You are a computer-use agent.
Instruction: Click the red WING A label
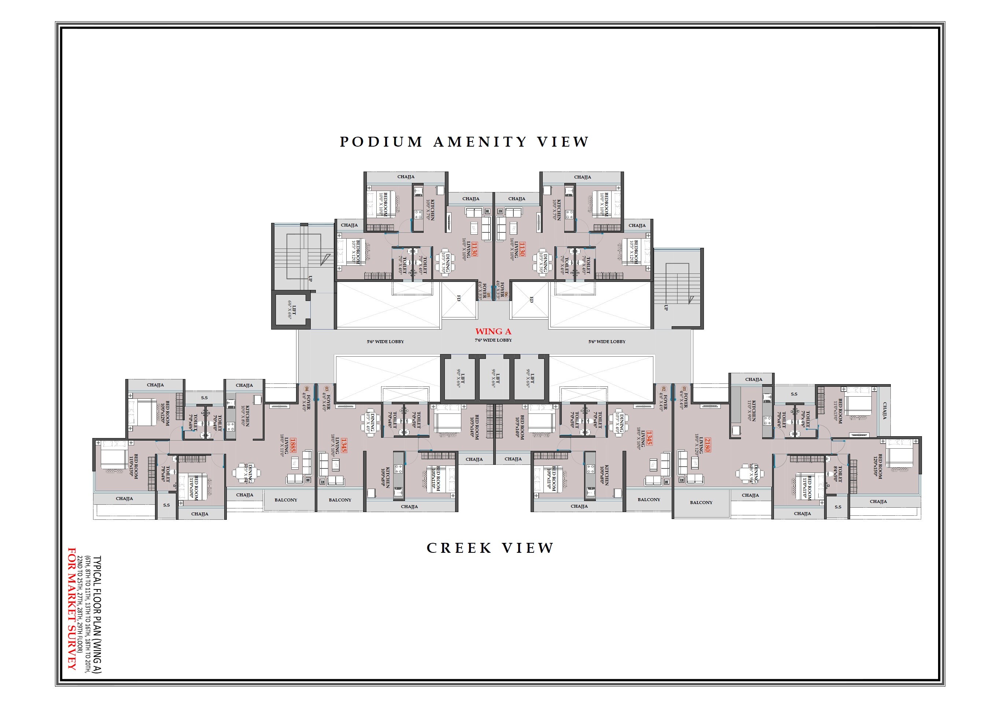493,332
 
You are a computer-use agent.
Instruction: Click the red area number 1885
293,445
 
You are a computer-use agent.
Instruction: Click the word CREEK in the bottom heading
459,548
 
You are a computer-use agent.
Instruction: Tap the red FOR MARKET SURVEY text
71,609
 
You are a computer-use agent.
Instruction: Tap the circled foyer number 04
307,388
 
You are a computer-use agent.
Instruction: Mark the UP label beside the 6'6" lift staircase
310,279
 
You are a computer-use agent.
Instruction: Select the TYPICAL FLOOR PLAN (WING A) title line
97,614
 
